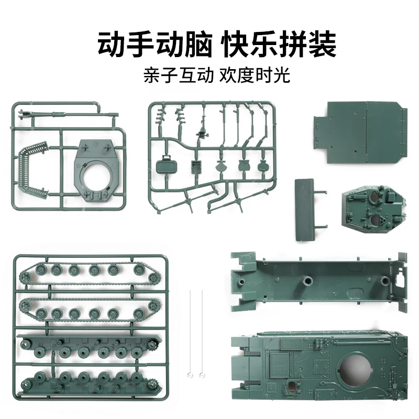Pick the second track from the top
[x=86, y=309]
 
